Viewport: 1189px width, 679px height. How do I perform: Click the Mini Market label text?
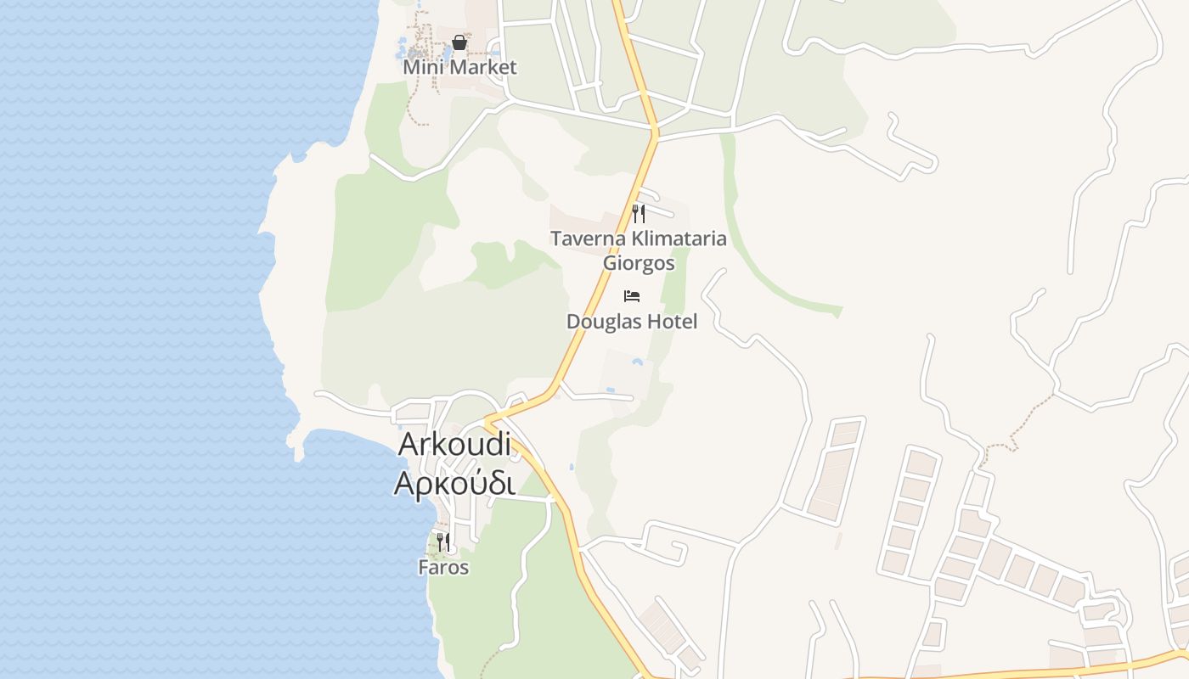[x=459, y=67]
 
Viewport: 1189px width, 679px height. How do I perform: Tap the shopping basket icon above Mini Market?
[x=459, y=42]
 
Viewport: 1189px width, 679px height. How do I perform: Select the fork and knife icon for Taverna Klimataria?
[x=639, y=214]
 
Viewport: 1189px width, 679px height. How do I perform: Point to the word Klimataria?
[x=674, y=238]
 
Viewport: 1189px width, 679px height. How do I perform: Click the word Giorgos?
[x=639, y=263]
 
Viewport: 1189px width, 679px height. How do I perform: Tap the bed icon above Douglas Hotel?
[x=632, y=296]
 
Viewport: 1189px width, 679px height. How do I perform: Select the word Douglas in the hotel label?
[x=599, y=322]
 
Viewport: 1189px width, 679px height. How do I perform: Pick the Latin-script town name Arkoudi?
[x=455, y=443]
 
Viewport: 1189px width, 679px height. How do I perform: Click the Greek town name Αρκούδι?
[x=455, y=482]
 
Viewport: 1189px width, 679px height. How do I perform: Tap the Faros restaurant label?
[x=443, y=567]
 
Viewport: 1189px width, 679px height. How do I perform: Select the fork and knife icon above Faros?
[x=443, y=542]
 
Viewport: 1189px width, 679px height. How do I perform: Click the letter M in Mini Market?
[x=411, y=67]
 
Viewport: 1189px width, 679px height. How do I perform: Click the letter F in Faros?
[x=423, y=567]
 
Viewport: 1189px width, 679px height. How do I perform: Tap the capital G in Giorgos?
[x=610, y=263]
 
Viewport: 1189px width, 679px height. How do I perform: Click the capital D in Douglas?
[x=573, y=322]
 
